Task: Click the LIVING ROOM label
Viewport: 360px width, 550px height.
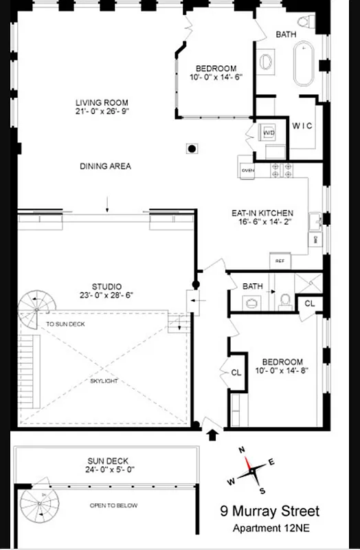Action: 102,103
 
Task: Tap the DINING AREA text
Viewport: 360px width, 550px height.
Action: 105,166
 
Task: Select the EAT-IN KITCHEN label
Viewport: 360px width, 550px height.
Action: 262,213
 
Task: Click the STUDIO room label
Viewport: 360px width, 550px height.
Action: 106,286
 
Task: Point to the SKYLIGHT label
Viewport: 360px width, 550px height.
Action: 104,379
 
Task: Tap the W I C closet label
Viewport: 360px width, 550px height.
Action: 302,126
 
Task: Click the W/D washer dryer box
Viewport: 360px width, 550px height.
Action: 269,132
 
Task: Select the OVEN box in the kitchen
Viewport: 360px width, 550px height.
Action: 247,170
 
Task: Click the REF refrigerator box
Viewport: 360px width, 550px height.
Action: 280,261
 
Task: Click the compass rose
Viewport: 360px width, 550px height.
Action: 254,471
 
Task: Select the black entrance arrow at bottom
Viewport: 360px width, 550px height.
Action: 212,434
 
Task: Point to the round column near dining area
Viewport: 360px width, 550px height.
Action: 193,148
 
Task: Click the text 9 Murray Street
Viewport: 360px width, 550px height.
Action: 269,511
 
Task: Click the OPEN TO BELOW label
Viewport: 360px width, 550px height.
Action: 113,505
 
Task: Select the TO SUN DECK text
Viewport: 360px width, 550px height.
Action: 65,324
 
